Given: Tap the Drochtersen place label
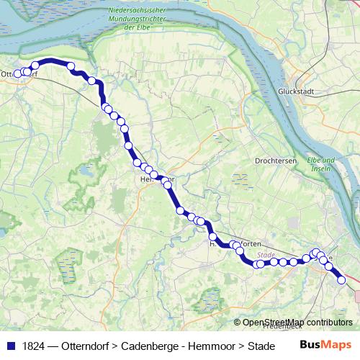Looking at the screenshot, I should click(x=276, y=161).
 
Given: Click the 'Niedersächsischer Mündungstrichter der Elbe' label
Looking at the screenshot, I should click(x=138, y=17).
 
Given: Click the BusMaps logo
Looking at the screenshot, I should click(x=325, y=345).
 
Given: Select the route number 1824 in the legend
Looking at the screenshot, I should click(x=33, y=346).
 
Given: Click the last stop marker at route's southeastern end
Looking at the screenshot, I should click(x=341, y=281).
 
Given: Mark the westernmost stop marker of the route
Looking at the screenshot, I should click(x=18, y=73).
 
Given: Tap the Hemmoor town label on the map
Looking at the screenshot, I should click(x=157, y=179).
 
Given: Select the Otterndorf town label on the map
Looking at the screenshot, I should click(x=19, y=73).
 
